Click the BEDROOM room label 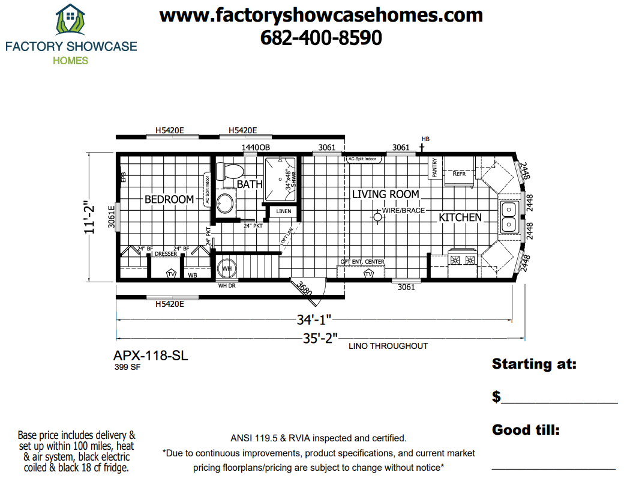pos(169,199)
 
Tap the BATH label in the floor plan pos(249,184)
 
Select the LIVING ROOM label pos(385,194)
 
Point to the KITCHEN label pos(460,217)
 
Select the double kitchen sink pos(508,217)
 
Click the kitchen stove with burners pos(462,260)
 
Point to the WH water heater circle pos(227,268)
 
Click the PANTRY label pos(434,168)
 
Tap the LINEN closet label pos(283,211)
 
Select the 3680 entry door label pos(304,289)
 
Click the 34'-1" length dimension pos(314,319)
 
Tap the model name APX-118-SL pos(151,355)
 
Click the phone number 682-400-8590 pos(321,38)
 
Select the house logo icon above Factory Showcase pos(70,20)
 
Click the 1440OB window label pos(256,148)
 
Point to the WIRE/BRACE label pos(403,211)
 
